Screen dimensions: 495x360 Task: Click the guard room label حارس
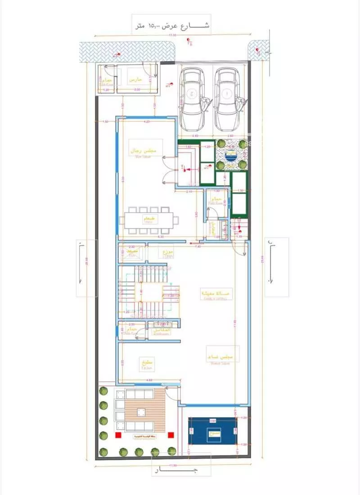click(x=136, y=79)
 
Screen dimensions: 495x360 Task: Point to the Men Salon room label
click(x=143, y=152)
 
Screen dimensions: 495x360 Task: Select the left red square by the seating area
click(x=118, y=435)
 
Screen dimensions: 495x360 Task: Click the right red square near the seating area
click(x=171, y=435)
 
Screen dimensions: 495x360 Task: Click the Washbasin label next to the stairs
click(x=162, y=331)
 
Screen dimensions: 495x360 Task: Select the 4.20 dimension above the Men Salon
click(x=146, y=122)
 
